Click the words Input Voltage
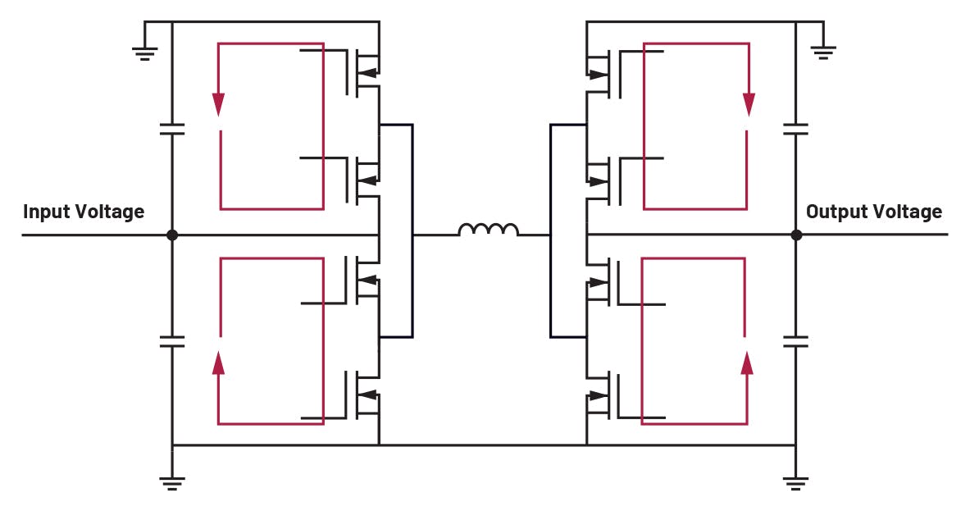coord(84,212)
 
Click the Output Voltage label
coord(873,212)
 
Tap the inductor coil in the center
coord(488,230)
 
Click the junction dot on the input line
coord(172,235)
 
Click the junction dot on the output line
coord(795,235)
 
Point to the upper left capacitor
coord(172,129)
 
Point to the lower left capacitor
coord(172,340)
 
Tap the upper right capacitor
coord(795,129)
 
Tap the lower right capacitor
coord(795,340)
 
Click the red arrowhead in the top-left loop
coord(218,104)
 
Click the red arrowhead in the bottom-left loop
coord(218,362)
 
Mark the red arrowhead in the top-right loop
coord(748,104)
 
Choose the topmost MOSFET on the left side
coord(366,72)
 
